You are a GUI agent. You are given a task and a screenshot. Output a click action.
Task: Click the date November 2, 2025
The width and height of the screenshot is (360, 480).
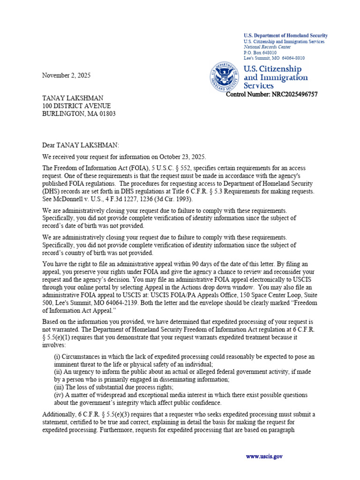[x=67, y=75]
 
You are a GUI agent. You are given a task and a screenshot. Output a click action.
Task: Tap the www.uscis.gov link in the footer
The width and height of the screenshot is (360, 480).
[x=264, y=456]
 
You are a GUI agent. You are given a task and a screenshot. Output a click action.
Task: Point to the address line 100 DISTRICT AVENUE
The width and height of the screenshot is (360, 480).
[x=76, y=106]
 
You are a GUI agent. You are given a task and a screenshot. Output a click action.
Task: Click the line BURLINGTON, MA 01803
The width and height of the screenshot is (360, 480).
[x=79, y=114]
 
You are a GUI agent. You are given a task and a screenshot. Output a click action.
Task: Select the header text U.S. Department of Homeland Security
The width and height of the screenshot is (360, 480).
[x=285, y=36]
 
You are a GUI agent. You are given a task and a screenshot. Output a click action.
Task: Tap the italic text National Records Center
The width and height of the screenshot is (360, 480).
[x=267, y=47]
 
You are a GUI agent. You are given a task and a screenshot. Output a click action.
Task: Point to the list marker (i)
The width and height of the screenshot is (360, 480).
[x=58, y=357]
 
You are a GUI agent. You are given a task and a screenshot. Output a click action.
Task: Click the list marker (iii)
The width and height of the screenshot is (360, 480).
[x=60, y=387]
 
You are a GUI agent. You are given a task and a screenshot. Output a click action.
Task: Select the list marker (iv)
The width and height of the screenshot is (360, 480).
[x=60, y=395]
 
